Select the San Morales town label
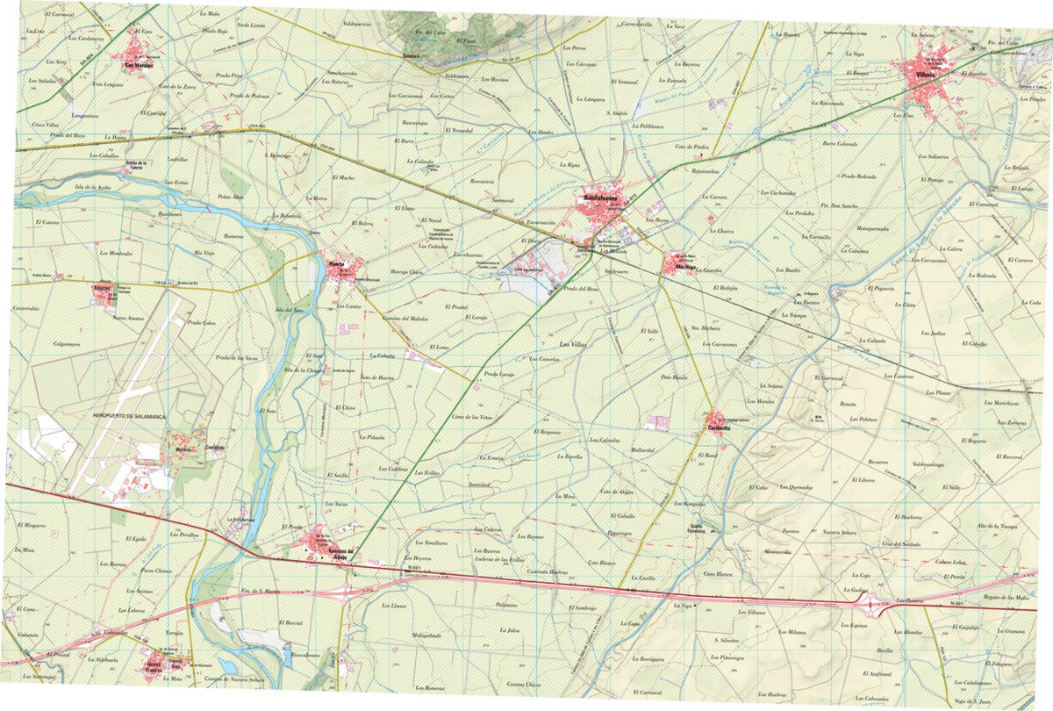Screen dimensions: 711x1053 pos(138,64)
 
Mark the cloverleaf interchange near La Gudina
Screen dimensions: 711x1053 pos(874,604)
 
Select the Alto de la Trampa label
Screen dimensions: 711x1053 pos(996,526)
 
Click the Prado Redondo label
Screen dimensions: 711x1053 pos(859,176)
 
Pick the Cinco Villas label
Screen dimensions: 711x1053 pos(45,125)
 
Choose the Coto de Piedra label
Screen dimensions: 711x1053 pos(691,147)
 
